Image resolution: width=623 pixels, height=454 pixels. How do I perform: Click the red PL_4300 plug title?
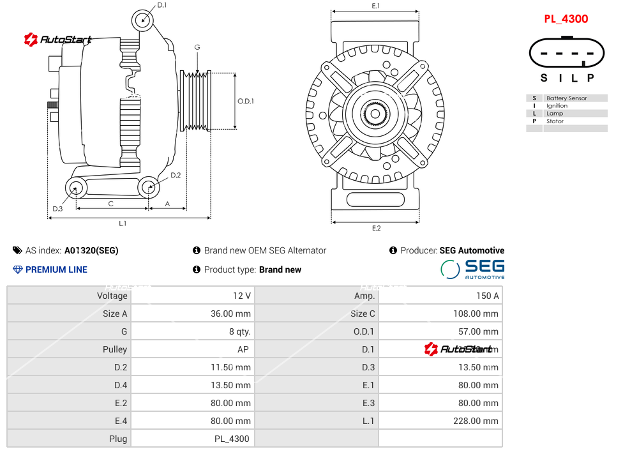coord(566,19)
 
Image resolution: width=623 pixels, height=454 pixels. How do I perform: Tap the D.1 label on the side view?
coord(161,5)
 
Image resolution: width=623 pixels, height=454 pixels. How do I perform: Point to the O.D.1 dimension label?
coord(246,101)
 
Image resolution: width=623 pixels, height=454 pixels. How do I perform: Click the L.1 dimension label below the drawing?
coord(123,223)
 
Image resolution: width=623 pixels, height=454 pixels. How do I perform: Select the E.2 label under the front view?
coord(376,228)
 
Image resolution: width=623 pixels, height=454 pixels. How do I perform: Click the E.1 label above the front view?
coord(376,6)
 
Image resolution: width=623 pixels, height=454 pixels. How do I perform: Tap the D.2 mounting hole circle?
coord(149,188)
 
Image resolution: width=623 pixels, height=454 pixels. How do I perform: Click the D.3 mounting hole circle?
coord(77,188)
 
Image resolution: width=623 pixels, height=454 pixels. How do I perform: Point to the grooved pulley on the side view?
coord(196,101)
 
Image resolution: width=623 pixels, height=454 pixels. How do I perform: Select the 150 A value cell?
coord(488,296)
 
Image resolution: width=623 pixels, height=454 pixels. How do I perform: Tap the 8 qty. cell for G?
coord(239,331)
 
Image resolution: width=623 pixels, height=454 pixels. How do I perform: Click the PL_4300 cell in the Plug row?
coord(232,439)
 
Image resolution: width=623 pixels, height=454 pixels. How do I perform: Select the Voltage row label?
coord(112,296)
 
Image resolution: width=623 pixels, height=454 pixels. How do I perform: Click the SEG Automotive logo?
coord(473,269)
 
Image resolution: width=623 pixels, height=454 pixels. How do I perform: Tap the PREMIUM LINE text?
coord(56,269)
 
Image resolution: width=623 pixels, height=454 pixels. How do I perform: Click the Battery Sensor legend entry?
coord(566,98)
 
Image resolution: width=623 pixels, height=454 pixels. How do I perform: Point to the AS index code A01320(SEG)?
coord(91,251)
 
